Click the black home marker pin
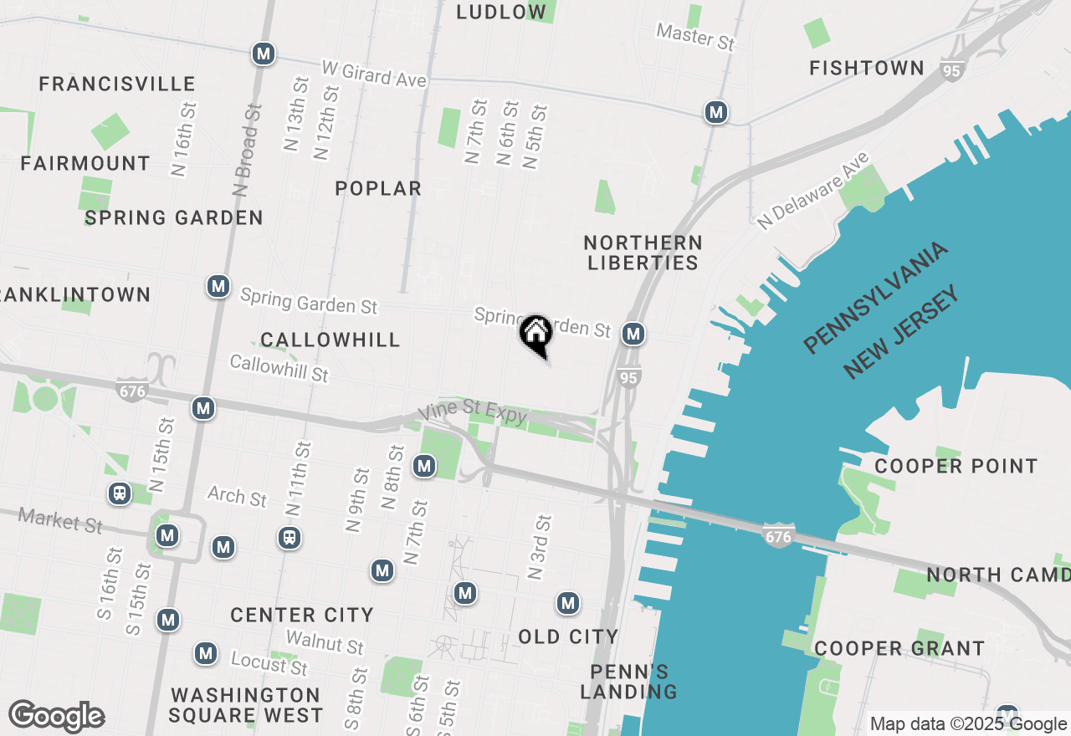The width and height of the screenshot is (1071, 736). pyautogui.click(x=535, y=335)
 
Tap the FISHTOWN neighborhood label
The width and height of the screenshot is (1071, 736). pyautogui.click(x=866, y=69)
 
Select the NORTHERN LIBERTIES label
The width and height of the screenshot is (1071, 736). pyautogui.click(x=643, y=253)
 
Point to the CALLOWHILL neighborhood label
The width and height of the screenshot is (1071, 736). pyautogui.click(x=330, y=340)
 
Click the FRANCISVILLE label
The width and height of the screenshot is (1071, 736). pyautogui.click(x=117, y=84)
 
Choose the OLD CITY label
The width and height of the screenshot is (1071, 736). pyautogui.click(x=568, y=637)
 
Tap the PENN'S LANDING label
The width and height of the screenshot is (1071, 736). pyautogui.click(x=633, y=682)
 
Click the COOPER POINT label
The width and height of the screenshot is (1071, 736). pyautogui.click(x=956, y=466)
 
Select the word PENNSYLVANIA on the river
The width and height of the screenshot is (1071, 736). pyautogui.click(x=876, y=297)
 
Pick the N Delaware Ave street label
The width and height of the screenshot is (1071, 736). pyautogui.click(x=814, y=191)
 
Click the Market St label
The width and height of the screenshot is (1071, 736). pyautogui.click(x=60, y=520)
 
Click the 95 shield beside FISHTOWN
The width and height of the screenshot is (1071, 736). pyautogui.click(x=951, y=72)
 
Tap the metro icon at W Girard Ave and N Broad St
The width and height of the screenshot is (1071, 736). pyautogui.click(x=264, y=54)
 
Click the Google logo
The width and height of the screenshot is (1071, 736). pyautogui.click(x=57, y=716)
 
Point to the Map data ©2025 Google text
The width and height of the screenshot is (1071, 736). pyautogui.click(x=968, y=724)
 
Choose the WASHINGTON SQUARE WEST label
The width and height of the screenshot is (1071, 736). pyautogui.click(x=245, y=705)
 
